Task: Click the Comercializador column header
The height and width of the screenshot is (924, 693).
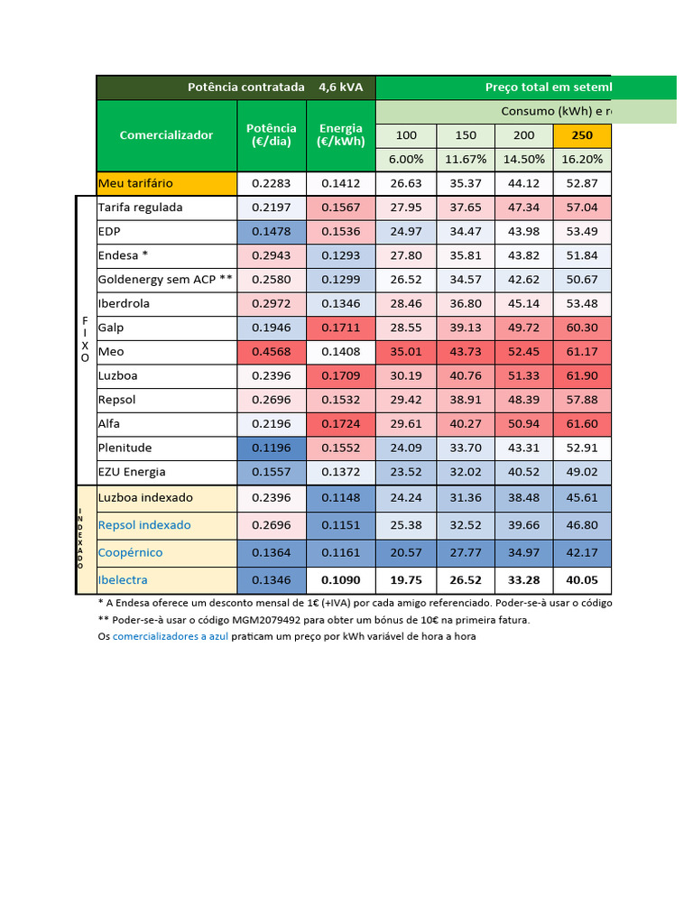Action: [x=166, y=134]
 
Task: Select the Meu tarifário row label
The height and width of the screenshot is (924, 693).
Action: [x=135, y=183]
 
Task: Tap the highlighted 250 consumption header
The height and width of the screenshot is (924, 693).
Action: [x=582, y=135]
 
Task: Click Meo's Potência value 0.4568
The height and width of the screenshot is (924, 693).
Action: [x=272, y=352]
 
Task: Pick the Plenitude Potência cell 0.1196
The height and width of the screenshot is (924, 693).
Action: [x=272, y=448]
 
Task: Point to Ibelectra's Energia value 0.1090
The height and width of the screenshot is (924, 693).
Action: [x=341, y=579]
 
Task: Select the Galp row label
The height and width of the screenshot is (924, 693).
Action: [x=111, y=328]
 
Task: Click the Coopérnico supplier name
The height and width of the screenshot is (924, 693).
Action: [x=131, y=552]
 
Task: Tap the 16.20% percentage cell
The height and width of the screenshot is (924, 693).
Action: [x=582, y=159]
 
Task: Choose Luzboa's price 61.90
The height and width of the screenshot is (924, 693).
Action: [x=582, y=375]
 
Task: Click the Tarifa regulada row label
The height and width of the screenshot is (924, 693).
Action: [x=140, y=208]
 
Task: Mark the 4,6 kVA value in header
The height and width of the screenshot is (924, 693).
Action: [x=340, y=88]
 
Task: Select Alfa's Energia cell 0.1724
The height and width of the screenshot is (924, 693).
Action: [x=341, y=424]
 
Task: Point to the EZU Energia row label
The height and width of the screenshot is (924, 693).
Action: [x=132, y=472]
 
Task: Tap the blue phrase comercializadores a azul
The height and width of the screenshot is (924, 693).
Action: [x=171, y=636]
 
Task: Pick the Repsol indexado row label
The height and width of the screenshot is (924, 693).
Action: [x=144, y=525]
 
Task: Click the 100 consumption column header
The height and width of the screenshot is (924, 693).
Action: [x=407, y=135]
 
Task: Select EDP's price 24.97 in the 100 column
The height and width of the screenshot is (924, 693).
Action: [x=407, y=232]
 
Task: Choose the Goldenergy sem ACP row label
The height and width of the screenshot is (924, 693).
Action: [x=165, y=280]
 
